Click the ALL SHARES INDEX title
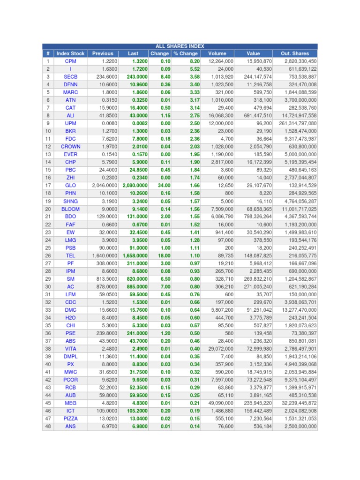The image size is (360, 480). click(x=180, y=46)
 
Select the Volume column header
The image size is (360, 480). click(x=217, y=53)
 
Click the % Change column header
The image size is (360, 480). click(x=186, y=53)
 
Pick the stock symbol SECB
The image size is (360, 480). click(x=70, y=76)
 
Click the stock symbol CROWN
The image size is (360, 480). click(x=70, y=147)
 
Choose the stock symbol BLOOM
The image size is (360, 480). click(x=70, y=209)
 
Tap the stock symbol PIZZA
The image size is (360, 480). click(x=70, y=419)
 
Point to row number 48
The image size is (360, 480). click(x=48, y=427)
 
